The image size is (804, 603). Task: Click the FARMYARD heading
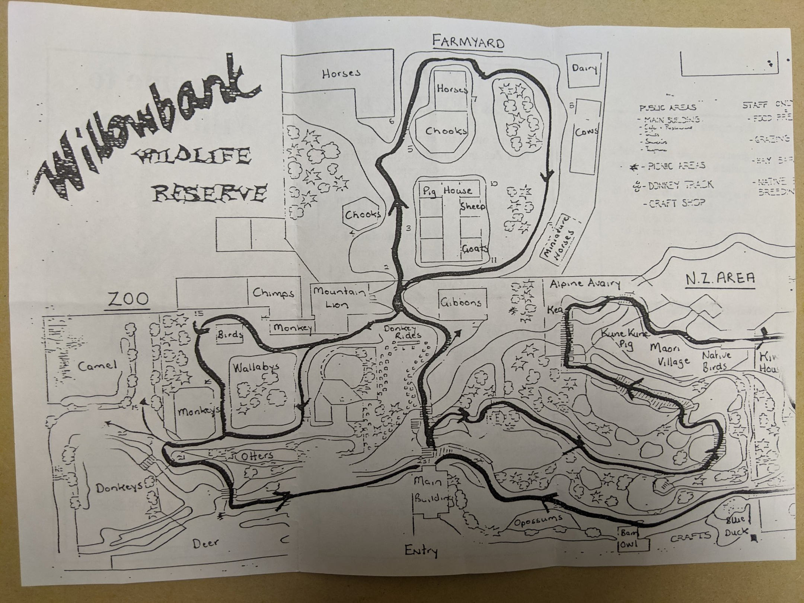(x=468, y=42)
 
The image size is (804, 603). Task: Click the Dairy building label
(x=584, y=68)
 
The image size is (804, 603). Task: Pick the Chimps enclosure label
(x=274, y=293)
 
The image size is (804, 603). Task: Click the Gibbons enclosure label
(x=461, y=302)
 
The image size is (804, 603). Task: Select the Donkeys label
(x=120, y=487)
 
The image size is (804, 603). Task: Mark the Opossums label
(x=538, y=520)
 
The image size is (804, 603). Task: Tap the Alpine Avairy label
(x=585, y=283)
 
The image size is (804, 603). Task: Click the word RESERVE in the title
(x=211, y=193)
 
